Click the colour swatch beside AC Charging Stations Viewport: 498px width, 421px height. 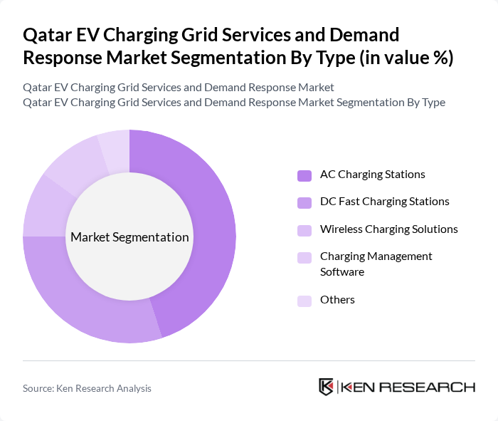(x=304, y=175)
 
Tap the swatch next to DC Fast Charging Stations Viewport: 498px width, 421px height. (x=304, y=202)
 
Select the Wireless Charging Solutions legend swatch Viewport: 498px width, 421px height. (x=304, y=230)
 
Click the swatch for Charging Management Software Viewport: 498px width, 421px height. (x=304, y=257)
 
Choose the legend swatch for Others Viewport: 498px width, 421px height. (x=304, y=301)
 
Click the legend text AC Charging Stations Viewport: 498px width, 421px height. (x=372, y=175)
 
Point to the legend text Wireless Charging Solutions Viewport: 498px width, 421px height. (x=388, y=229)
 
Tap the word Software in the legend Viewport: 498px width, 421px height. (x=342, y=272)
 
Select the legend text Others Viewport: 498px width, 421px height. (x=337, y=300)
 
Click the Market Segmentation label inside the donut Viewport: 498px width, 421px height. (x=129, y=237)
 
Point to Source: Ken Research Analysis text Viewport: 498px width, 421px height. (x=87, y=388)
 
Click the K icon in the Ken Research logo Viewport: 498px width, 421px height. (x=326, y=387)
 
